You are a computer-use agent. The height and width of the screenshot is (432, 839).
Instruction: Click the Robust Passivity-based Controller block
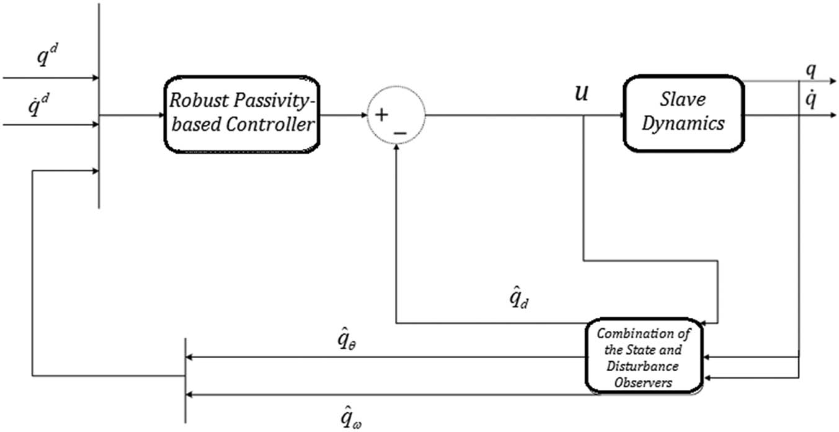click(x=242, y=115)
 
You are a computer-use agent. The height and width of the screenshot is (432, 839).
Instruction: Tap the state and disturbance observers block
click(x=644, y=357)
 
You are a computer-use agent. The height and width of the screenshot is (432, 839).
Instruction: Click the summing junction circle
click(x=396, y=115)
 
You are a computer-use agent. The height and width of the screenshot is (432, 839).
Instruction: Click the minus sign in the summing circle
click(x=400, y=132)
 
